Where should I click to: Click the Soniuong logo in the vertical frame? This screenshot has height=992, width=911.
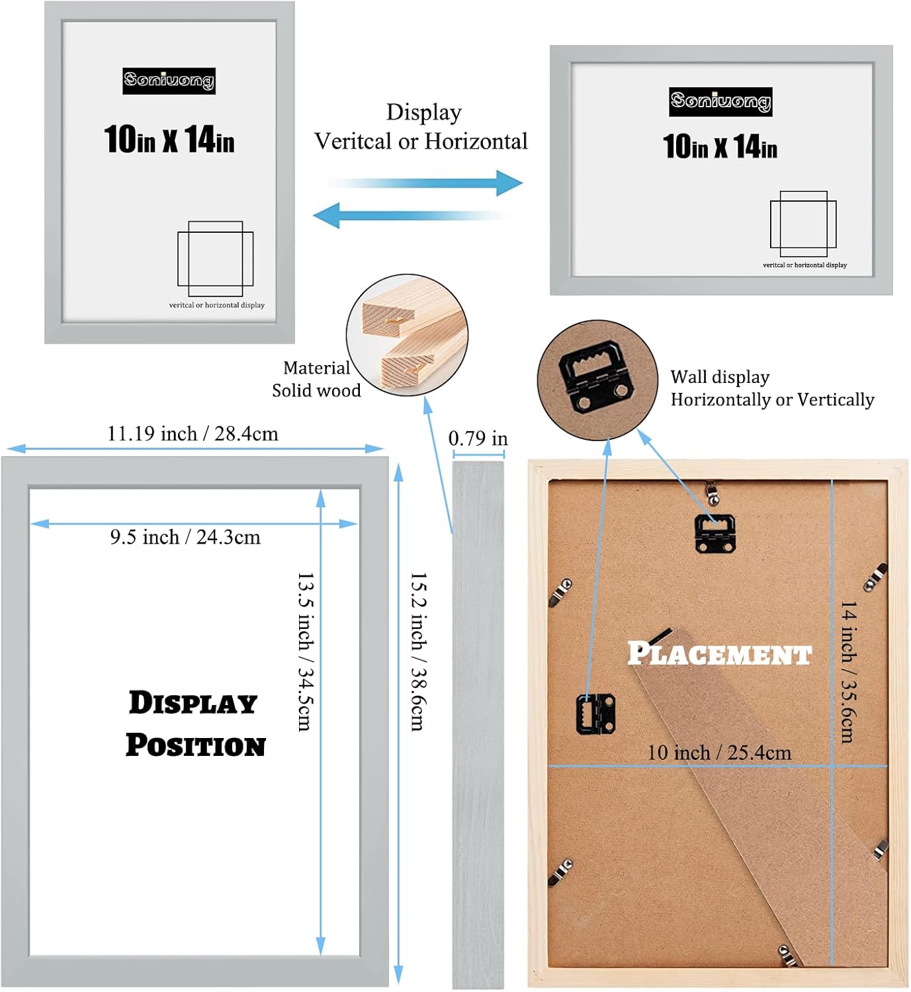point(169,81)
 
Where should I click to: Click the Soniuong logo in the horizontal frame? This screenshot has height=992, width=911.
point(720,102)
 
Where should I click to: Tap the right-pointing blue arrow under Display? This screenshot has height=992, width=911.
point(423,183)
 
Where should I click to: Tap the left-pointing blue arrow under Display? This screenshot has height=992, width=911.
point(410,216)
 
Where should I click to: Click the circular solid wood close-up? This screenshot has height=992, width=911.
point(407,335)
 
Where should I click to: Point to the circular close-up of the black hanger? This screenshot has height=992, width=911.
point(597,380)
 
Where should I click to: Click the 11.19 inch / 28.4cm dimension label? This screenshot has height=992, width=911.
point(193,434)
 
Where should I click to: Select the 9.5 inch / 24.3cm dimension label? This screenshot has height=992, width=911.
point(185,537)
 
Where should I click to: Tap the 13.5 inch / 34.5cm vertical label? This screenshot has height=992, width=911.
point(305,651)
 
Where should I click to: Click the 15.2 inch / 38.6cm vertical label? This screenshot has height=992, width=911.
point(418,651)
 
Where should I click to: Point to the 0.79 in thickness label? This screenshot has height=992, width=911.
point(478,438)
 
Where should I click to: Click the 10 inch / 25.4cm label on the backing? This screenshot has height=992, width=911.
point(718,753)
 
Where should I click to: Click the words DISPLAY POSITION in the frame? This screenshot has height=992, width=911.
point(195,723)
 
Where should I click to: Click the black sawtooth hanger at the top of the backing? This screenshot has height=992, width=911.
point(715,532)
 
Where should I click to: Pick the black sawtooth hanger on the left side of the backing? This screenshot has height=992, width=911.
point(595,713)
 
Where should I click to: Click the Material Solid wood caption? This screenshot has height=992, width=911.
point(316,379)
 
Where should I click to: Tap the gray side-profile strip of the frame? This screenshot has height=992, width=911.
point(478,724)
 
